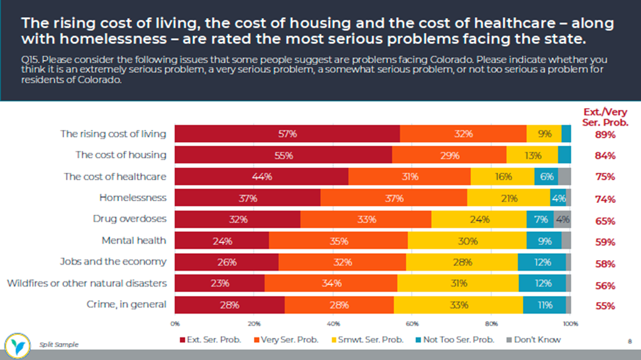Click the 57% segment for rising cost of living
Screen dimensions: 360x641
coord(287,134)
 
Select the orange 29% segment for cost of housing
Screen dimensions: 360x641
coord(449,155)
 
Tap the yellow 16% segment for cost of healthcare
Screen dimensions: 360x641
coord(503,177)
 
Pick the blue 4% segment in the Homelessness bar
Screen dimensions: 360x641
coord(558,198)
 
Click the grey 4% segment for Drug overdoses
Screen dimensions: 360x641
coord(562,219)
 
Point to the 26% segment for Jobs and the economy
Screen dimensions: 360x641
coord(227,262)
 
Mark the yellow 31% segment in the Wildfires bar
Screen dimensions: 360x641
coord(458,283)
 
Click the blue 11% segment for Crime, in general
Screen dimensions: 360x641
coord(544,305)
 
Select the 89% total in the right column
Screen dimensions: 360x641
coord(605,134)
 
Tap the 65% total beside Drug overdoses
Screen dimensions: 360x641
coord(605,221)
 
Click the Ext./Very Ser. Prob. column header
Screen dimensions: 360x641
coord(605,117)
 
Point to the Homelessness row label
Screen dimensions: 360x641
coord(133,198)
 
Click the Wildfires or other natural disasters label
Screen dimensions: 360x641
coord(87,283)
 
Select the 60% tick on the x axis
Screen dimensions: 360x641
coord(412,324)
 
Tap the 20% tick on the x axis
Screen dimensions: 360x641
coord(254,324)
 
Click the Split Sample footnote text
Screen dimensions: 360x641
coord(59,345)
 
